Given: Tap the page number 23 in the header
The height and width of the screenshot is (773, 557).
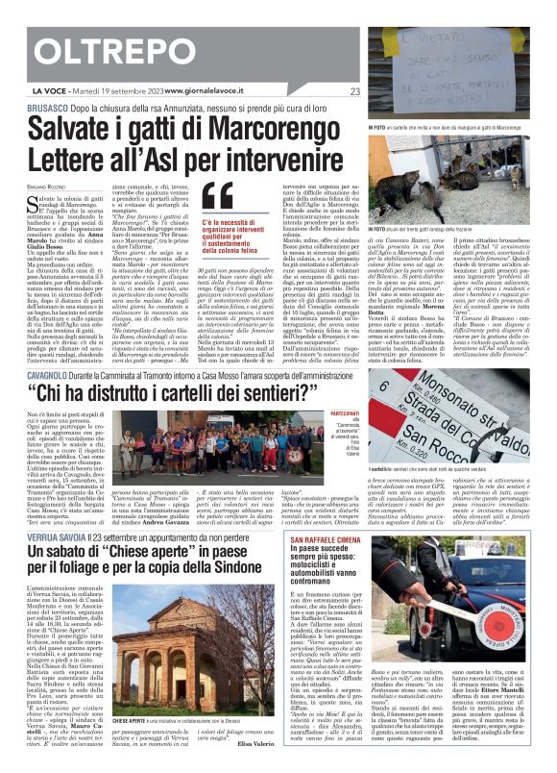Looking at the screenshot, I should click(355, 91).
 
